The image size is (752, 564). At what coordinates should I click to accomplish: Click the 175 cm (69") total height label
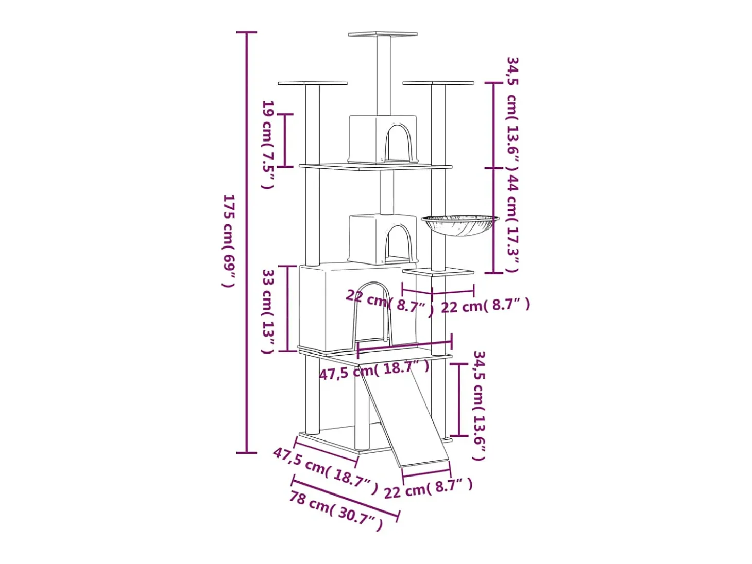(x=229, y=241)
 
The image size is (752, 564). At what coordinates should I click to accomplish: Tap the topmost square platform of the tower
(x=383, y=34)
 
